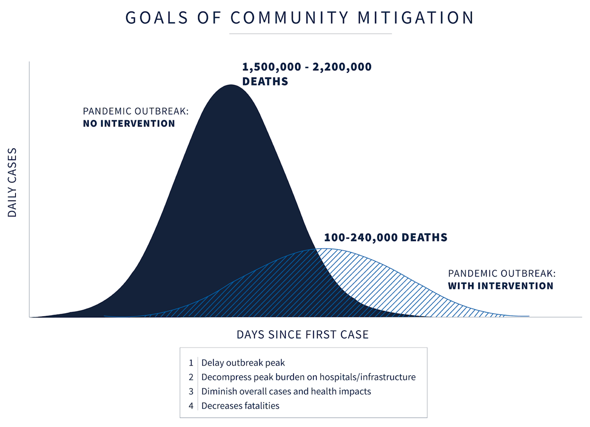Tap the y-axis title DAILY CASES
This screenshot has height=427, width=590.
pyautogui.click(x=12, y=182)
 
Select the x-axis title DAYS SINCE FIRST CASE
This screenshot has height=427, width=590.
pyautogui.click(x=302, y=335)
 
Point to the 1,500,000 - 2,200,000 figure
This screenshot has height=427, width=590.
pyautogui.click(x=307, y=67)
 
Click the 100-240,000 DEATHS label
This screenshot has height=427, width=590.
pyautogui.click(x=385, y=238)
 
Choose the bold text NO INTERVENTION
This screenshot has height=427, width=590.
pyautogui.click(x=129, y=123)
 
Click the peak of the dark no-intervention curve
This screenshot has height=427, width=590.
pyautogui.click(x=232, y=86)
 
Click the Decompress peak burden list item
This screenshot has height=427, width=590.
pyautogui.click(x=308, y=377)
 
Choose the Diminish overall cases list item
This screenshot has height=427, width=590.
pyautogui.click(x=286, y=391)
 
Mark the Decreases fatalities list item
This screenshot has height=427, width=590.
pyautogui.click(x=240, y=406)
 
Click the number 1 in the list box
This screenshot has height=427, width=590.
pyautogui.click(x=191, y=363)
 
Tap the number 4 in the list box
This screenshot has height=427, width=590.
pyautogui.click(x=191, y=406)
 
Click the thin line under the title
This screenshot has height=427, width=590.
pyautogui.click(x=310, y=34)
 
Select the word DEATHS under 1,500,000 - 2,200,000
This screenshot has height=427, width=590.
pyautogui.click(x=265, y=81)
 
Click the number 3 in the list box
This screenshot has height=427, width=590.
pyautogui.click(x=191, y=391)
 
